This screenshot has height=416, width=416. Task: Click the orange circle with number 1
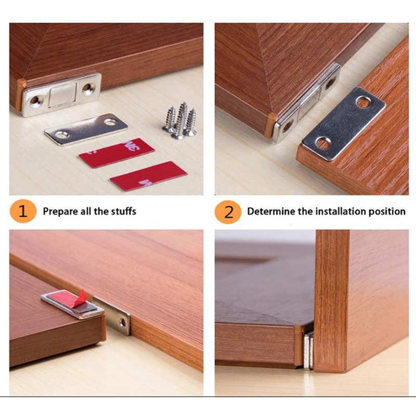coord(23,211)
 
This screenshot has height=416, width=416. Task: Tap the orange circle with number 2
coord(228,212)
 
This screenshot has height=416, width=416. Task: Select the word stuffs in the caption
coord(124,211)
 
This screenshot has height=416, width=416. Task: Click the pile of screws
coord(180,121)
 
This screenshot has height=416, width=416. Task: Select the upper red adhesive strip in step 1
coord(116,153)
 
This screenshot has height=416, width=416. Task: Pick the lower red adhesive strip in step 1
coord(149,176)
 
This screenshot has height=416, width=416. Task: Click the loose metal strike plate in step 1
coord(86,129)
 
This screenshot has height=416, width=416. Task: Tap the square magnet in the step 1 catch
coord(62,95)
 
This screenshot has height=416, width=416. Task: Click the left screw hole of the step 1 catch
coord(35,100)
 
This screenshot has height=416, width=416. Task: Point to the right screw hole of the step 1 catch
coord(88,88)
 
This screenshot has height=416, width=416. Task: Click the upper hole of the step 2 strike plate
coord(363,101)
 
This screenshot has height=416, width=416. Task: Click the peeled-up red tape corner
coord(82,295)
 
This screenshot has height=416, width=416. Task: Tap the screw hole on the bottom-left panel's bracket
coord(123,322)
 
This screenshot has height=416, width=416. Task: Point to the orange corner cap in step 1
coord(21,95)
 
